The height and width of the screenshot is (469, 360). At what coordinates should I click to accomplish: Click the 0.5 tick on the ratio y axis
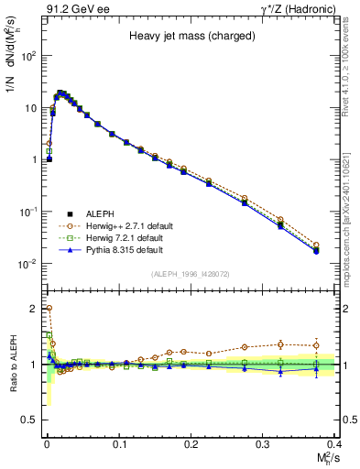point(32,420)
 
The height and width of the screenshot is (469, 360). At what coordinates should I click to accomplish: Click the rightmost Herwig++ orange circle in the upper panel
point(316,245)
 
